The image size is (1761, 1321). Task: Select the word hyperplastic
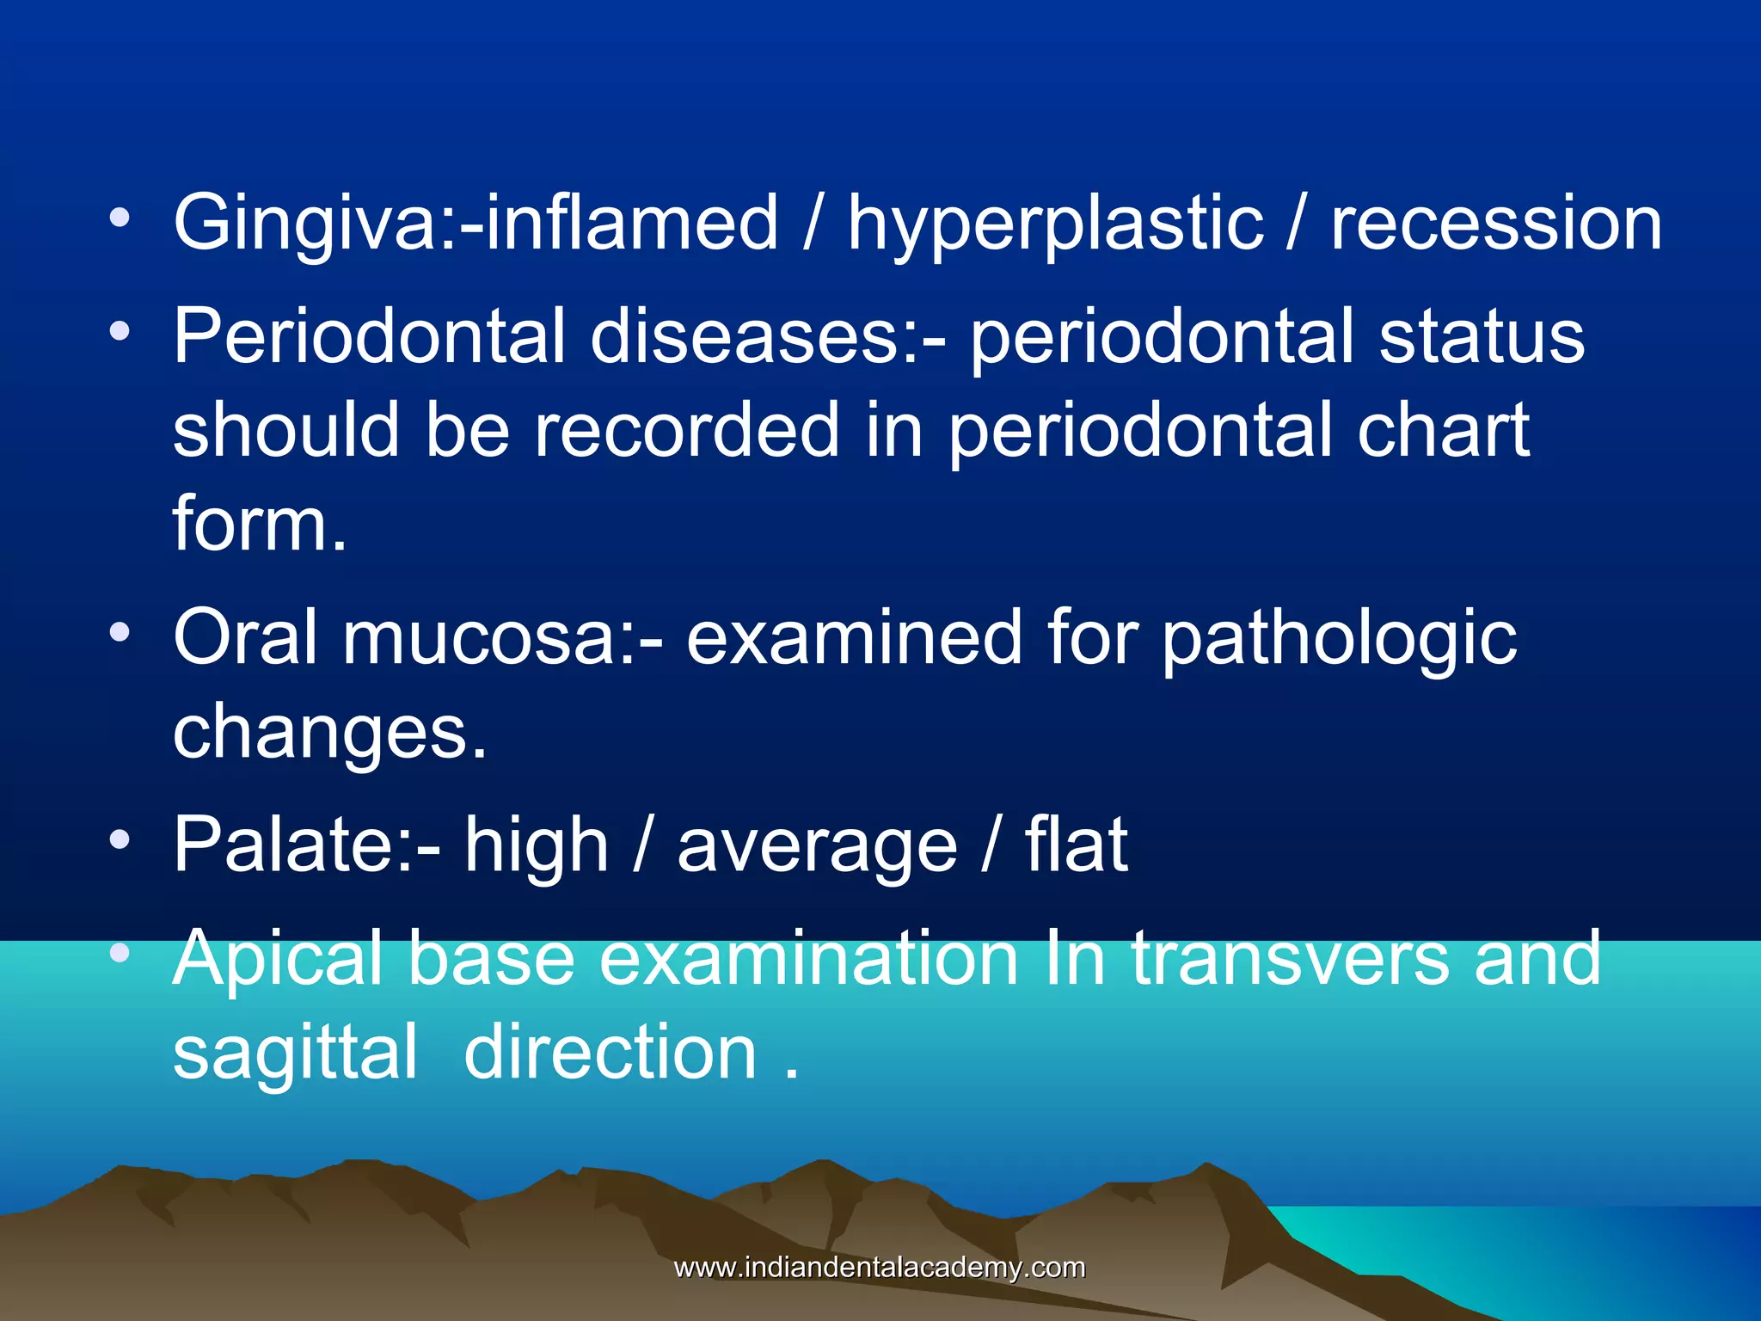tap(1055, 225)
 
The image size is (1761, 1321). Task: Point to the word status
tap(1482, 336)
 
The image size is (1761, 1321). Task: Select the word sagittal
tap(295, 1054)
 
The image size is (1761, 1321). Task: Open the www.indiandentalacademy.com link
tap(880, 1268)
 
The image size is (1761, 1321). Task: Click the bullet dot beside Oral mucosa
tap(120, 633)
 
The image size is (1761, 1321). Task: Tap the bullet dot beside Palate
tap(120, 839)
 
